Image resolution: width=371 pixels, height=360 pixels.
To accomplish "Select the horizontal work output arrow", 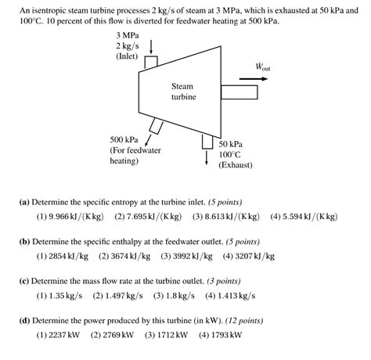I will click(261, 78).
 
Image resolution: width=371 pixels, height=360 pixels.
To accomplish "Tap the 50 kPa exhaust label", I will click(231, 145).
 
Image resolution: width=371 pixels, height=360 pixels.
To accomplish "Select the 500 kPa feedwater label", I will click(126, 139).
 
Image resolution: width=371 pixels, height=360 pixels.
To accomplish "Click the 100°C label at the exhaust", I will click(231, 155).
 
